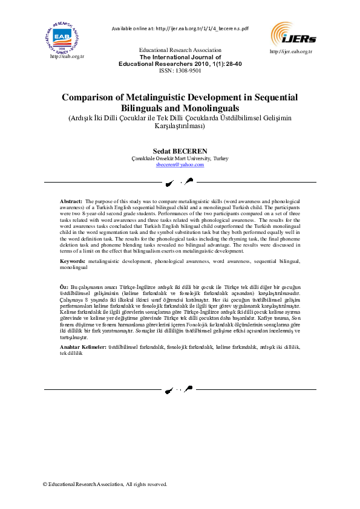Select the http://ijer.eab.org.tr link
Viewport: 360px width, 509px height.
click(x=290, y=51)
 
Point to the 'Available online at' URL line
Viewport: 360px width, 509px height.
click(x=180, y=28)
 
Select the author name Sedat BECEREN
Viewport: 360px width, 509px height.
click(x=180, y=149)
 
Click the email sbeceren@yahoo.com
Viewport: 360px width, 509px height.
click(x=180, y=164)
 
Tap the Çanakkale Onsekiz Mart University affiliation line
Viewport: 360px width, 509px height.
click(x=180, y=158)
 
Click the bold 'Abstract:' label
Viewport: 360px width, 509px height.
click(x=71, y=200)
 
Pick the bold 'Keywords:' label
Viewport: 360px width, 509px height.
click(x=73, y=261)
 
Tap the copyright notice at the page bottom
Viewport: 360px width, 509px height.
click(x=105, y=484)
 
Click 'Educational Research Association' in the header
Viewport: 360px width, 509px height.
click(x=180, y=50)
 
